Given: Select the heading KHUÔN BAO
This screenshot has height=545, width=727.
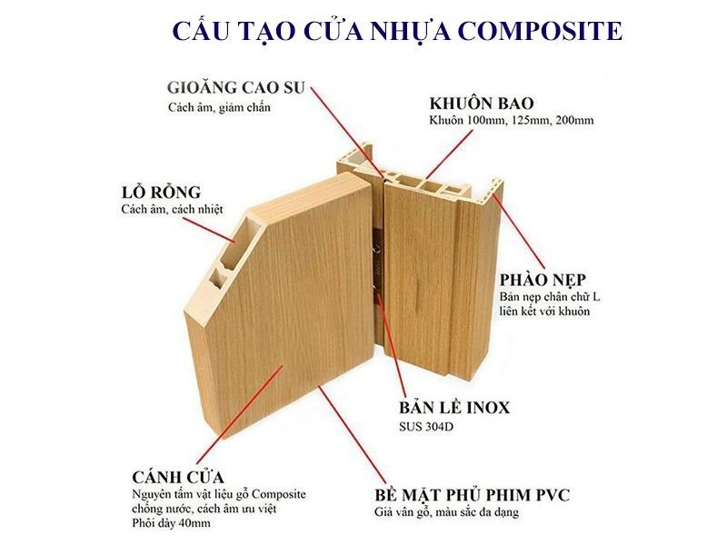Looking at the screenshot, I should pos(481,102).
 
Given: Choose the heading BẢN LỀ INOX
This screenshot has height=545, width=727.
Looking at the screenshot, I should pos(454,407).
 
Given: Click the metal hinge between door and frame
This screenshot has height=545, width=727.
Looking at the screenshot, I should pos(374,263).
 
